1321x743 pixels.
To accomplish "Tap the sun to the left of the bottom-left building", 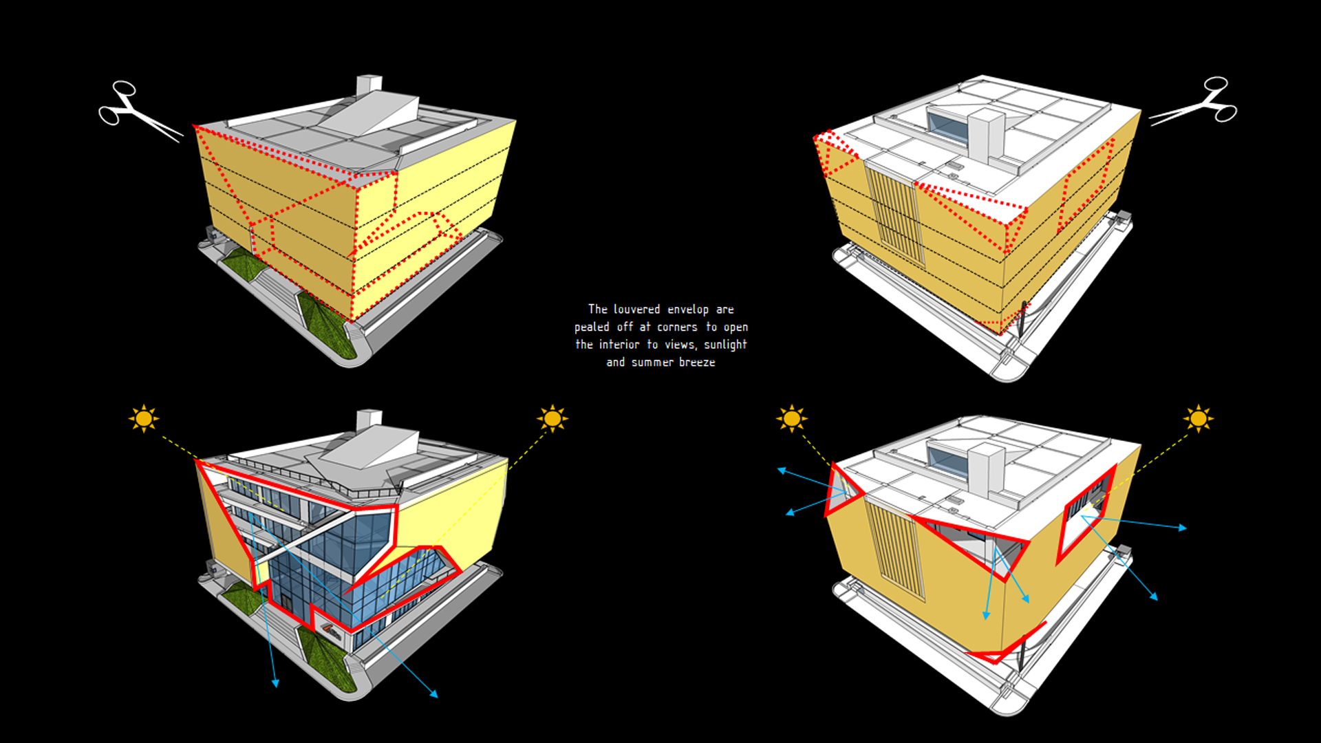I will [x=143, y=418].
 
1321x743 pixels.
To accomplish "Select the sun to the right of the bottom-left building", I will [x=552, y=418].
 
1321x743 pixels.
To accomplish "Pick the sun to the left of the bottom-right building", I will [x=791, y=418].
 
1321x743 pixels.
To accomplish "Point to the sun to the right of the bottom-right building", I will [x=1198, y=418].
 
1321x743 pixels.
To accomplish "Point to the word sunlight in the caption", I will [x=725, y=345].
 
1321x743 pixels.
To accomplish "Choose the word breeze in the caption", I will [x=697, y=363].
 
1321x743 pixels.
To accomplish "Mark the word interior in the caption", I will [x=619, y=345].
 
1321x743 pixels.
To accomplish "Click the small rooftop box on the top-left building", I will [x=369, y=85].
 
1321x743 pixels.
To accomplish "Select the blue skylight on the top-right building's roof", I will [x=948, y=127].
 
